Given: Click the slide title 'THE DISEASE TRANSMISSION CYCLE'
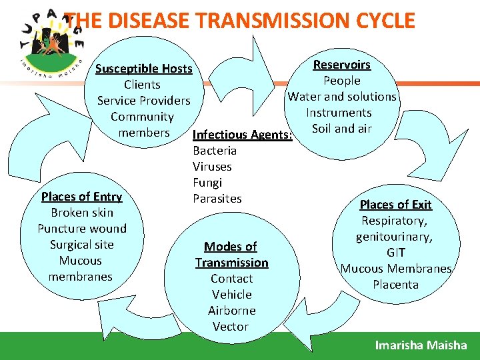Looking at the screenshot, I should [x=241, y=21].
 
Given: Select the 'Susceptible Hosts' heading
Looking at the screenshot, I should [x=143, y=69].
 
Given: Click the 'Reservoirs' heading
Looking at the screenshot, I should [x=342, y=65].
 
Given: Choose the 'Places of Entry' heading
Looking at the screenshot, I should [x=81, y=197].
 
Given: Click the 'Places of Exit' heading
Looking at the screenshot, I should [x=395, y=205].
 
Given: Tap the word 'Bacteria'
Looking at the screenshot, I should [x=215, y=151].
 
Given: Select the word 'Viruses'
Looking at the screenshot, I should [x=212, y=167].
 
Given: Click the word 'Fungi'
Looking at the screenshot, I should [x=207, y=183].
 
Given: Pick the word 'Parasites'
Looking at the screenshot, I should [x=217, y=199].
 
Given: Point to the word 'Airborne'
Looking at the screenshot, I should [x=231, y=311].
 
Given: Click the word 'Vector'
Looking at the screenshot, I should [x=231, y=327].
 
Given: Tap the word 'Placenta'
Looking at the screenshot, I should [x=396, y=285].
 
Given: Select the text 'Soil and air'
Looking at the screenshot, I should [x=341, y=129].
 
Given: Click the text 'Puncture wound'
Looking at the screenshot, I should [x=81, y=229].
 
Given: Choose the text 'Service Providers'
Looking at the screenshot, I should [x=143, y=101].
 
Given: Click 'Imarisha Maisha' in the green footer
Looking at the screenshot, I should [x=421, y=345].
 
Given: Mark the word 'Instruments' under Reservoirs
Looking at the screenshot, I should [x=339, y=113].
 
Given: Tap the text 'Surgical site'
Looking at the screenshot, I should [x=81, y=245].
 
